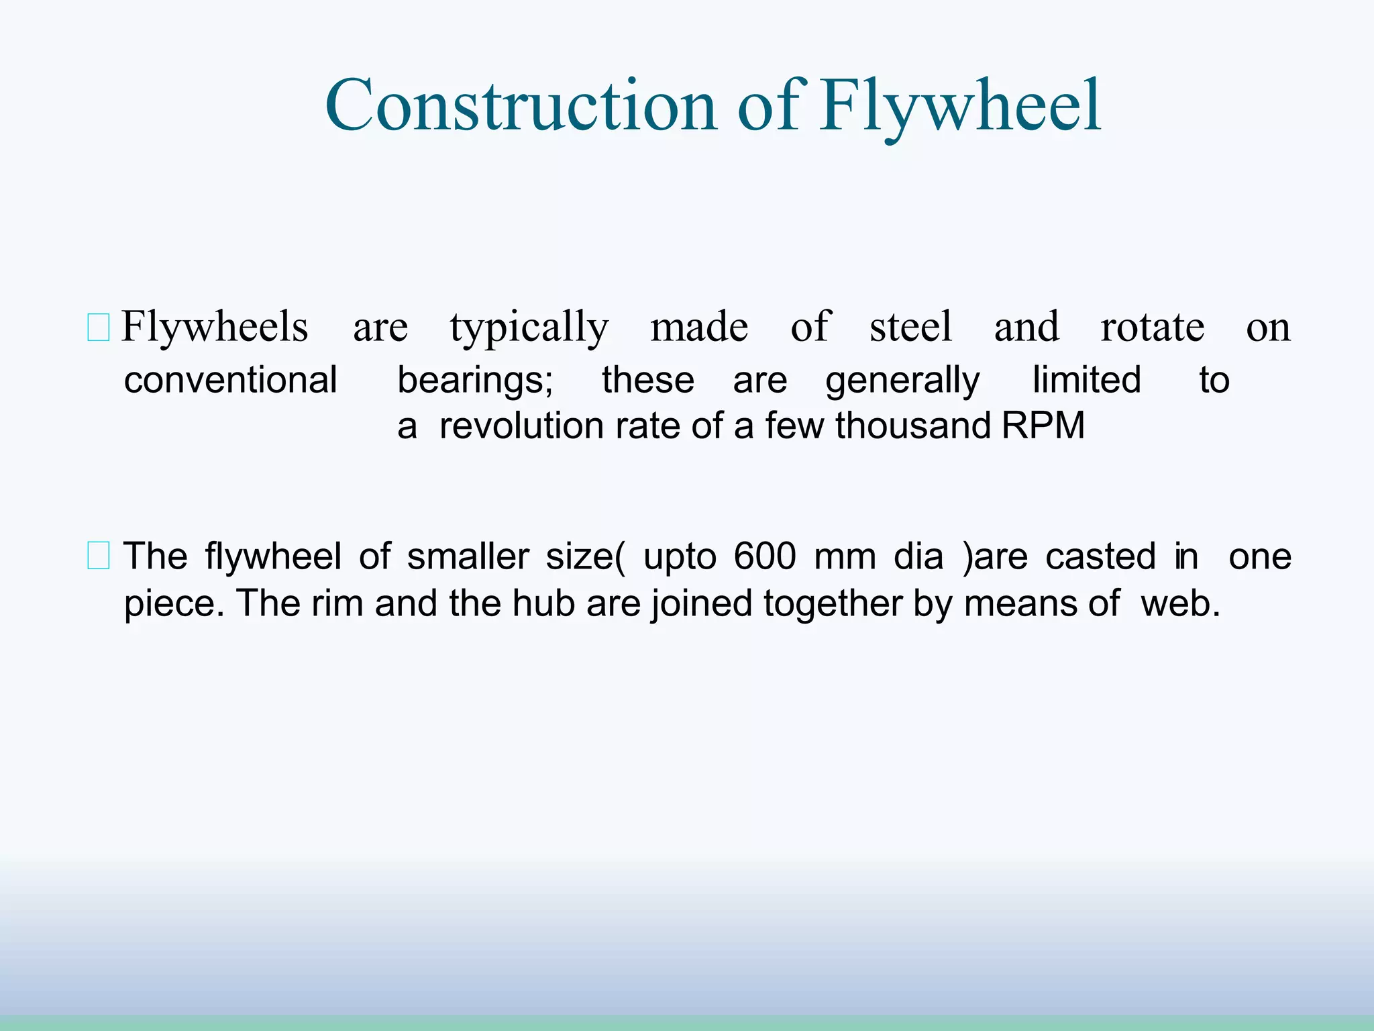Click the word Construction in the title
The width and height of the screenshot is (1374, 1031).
pyautogui.click(x=521, y=106)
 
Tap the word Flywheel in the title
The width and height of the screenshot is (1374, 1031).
pyautogui.click(x=960, y=106)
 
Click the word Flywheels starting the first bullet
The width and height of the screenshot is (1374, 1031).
pyautogui.click(x=215, y=328)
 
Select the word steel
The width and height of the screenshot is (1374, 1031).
pyautogui.click(x=910, y=328)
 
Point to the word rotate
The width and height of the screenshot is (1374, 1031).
pyautogui.click(x=1152, y=328)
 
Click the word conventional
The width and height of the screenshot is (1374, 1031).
pyautogui.click(x=230, y=381)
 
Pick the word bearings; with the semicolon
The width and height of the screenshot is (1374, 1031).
pyautogui.click(x=475, y=381)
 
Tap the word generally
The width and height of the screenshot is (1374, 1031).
pyautogui.click(x=902, y=381)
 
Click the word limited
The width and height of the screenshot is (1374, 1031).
pyautogui.click(x=1086, y=381)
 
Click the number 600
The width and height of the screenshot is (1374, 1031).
pyautogui.click(x=764, y=556)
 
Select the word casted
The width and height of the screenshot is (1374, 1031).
pyautogui.click(x=1100, y=556)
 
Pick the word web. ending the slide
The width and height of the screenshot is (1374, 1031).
pyautogui.click(x=1180, y=603)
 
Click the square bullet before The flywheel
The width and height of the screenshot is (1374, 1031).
pyautogui.click(x=99, y=557)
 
